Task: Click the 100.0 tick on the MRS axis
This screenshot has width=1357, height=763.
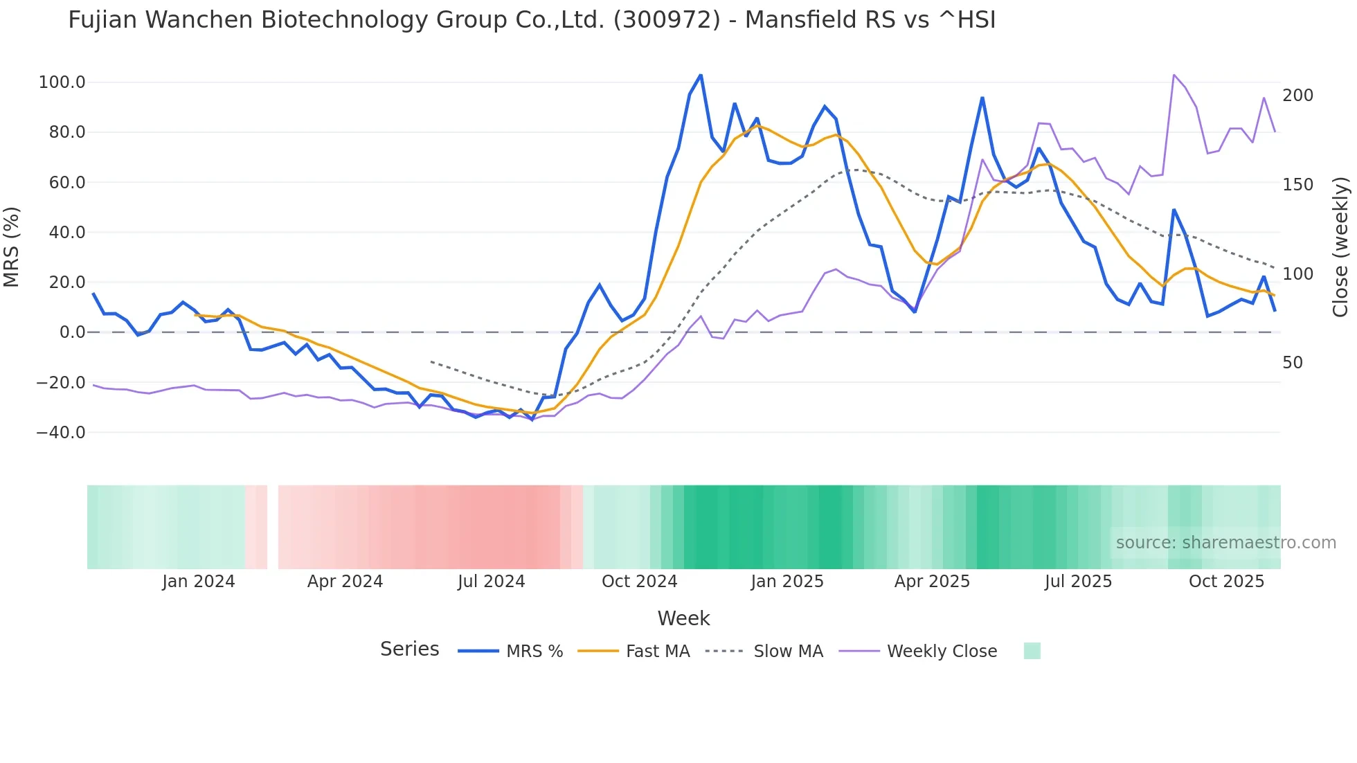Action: tap(62, 82)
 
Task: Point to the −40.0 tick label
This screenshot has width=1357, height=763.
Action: tap(60, 433)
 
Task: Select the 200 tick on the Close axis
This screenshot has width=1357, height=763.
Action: tap(1297, 96)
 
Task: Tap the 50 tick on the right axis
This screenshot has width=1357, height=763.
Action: tap(1292, 363)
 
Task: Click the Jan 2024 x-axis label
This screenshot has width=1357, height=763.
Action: tap(199, 582)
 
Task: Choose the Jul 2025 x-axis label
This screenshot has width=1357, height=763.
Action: tap(1078, 582)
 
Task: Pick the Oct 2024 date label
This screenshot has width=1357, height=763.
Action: tap(639, 582)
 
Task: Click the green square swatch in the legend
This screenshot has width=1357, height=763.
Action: tap(1032, 652)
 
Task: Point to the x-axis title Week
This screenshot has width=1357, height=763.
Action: tap(683, 618)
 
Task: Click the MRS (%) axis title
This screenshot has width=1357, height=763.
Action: tap(12, 247)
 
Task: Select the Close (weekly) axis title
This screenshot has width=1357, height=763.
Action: tap(1340, 247)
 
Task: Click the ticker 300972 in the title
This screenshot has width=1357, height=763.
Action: tap(667, 20)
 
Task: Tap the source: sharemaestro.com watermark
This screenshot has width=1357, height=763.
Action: tap(1225, 543)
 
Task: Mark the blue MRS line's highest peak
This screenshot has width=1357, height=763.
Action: tap(701, 75)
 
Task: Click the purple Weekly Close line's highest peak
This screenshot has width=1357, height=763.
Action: tap(1174, 75)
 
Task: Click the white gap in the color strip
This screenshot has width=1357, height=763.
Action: tap(273, 528)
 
